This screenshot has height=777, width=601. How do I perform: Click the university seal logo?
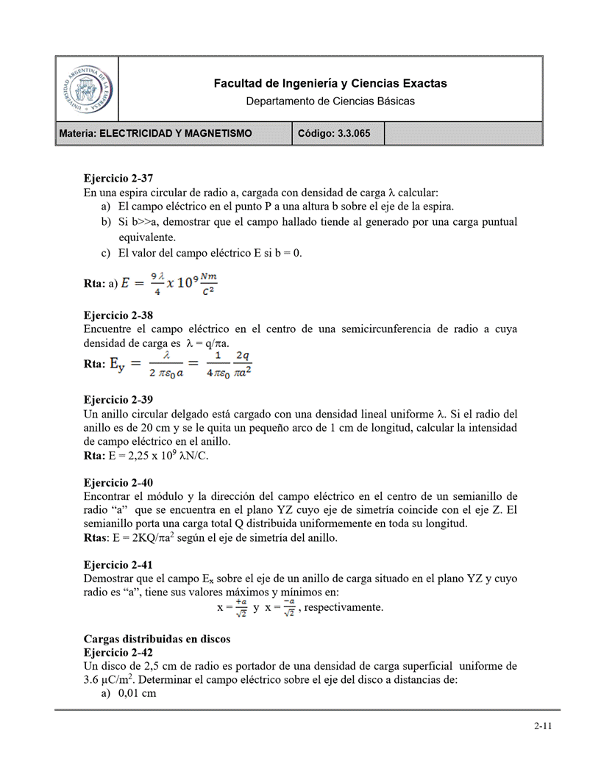87,88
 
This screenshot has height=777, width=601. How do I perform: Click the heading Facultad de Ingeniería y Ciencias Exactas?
330,84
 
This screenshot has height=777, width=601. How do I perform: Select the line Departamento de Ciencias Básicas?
330,101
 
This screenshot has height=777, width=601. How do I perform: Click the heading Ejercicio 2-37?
118,177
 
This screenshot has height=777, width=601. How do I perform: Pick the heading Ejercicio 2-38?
118,315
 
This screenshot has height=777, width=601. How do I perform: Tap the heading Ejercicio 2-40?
118,483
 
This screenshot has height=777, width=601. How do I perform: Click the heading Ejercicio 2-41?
118,565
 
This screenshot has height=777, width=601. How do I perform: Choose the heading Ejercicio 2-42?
118,652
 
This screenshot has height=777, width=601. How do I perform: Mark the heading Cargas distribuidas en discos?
157,638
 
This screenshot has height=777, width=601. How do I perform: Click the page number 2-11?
543,726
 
